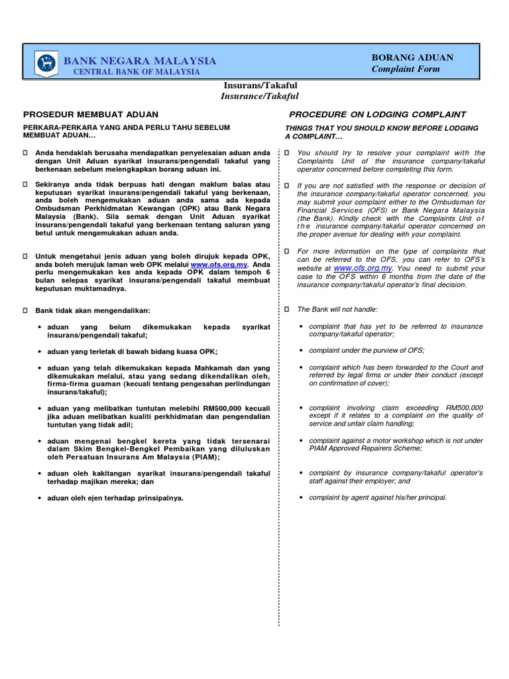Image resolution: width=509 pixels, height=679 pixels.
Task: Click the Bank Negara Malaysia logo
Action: [46, 64]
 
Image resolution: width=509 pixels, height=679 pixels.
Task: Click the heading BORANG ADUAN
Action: [412, 58]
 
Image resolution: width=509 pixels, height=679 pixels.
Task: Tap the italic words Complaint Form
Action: [406, 69]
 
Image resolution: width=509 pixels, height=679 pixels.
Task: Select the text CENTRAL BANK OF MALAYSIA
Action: [136, 71]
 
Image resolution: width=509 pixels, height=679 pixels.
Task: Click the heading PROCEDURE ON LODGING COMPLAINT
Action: [377, 115]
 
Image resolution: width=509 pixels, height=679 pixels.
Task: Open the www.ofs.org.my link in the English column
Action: [363, 268]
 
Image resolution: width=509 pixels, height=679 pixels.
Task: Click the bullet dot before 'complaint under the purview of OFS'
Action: [302, 350]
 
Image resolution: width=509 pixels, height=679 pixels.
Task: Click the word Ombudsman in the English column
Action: [432, 202]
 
